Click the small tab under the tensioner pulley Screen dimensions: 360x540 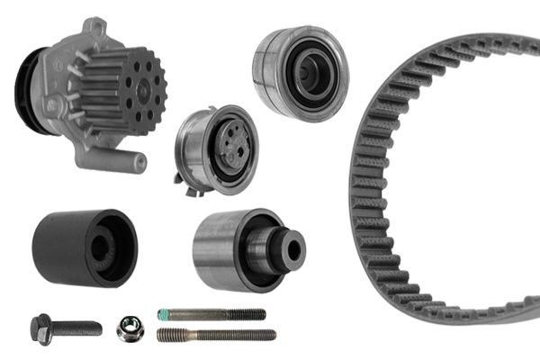pyautogui.click(x=192, y=188)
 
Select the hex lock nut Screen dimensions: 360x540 pyautogui.click(x=129, y=329)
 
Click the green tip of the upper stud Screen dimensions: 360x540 pyautogui.click(x=164, y=314)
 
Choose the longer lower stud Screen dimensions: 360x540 pyautogui.click(x=216, y=335)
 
